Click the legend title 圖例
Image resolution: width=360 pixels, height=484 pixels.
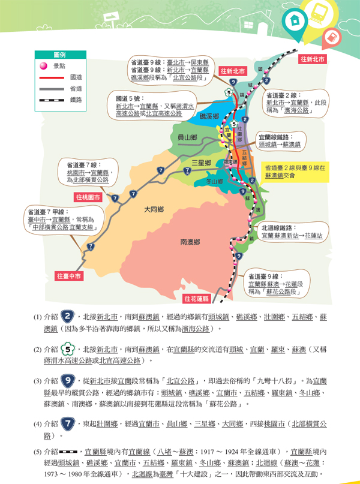[59, 54]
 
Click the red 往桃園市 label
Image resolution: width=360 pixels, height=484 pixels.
[89, 197]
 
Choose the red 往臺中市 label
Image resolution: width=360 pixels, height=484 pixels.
[69, 276]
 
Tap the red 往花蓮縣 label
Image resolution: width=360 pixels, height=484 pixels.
[197, 298]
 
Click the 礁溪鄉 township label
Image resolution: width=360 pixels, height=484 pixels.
[209, 116]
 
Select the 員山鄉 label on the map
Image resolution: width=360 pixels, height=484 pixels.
[188, 138]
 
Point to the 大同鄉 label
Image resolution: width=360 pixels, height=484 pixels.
[154, 209]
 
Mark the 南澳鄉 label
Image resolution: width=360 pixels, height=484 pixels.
[190, 242]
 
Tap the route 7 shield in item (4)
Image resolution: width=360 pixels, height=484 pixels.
[69, 424]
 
